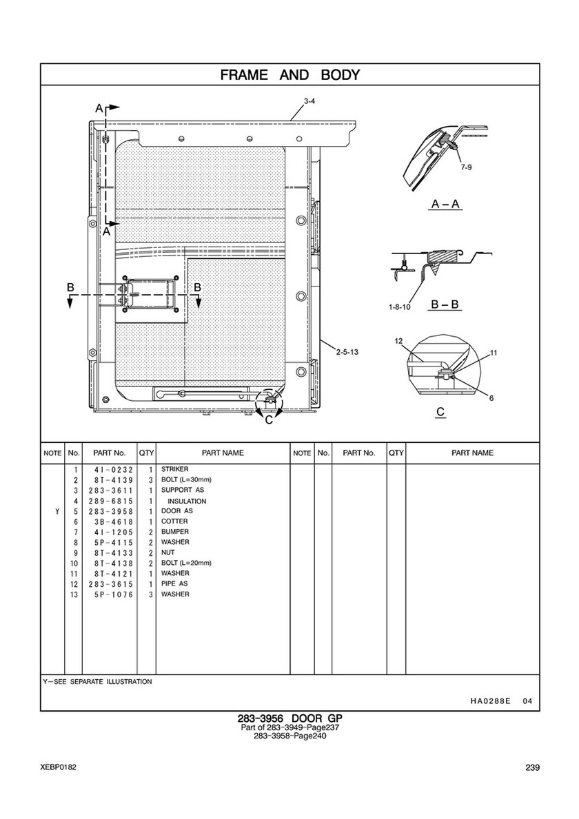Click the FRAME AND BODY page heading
click(x=289, y=75)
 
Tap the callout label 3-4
click(x=309, y=102)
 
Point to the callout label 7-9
click(x=467, y=167)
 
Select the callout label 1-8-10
click(x=399, y=307)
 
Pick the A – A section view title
click(x=445, y=205)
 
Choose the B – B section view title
click(x=445, y=304)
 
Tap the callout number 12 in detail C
click(x=398, y=342)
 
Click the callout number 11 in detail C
click(x=494, y=353)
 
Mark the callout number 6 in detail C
click(x=491, y=398)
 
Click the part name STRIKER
click(x=174, y=470)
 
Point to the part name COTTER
click(x=174, y=521)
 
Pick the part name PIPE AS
click(x=174, y=583)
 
